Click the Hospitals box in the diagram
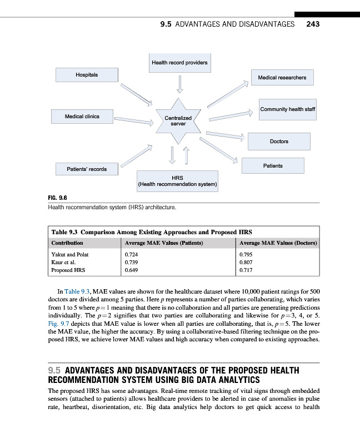pyautogui.click(x=87, y=75)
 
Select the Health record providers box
pyautogui.click(x=179, y=63)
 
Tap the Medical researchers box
pyautogui.click(x=282, y=78)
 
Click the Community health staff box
pyautogui.click(x=287, y=109)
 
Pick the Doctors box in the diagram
pyautogui.click(x=278, y=141)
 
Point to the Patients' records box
pyautogui.click(x=87, y=169)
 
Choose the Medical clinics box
pyautogui.click(x=82, y=117)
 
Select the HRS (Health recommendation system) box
pyautogui.click(x=177, y=180)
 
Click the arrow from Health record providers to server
pyautogui.click(x=179, y=84)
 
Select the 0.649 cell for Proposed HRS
pyautogui.click(x=132, y=270)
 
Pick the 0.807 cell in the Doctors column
pyautogui.click(x=245, y=263)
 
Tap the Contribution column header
pyautogui.click(x=67, y=243)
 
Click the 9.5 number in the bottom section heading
pyautogui.click(x=55, y=370)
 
